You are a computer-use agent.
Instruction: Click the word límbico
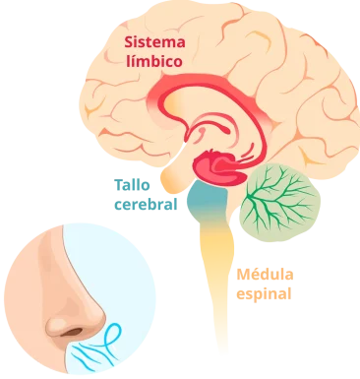pyautogui.click(x=155, y=59)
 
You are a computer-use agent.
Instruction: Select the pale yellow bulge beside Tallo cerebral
pyautogui.click(x=174, y=178)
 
